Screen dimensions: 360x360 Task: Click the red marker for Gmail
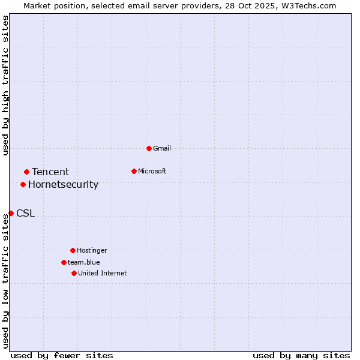(149, 148)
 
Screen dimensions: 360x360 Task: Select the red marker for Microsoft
(134, 171)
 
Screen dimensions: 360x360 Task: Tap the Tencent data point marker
(26, 172)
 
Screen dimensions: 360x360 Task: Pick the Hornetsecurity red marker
(23, 184)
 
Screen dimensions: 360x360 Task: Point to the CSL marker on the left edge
(11, 213)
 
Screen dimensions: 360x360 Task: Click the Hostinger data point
(73, 250)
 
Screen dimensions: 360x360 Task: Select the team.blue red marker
(64, 262)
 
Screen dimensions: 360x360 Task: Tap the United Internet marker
(74, 273)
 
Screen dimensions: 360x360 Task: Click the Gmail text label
(162, 148)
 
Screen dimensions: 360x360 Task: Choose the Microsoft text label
(152, 171)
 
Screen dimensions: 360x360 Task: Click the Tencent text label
(50, 172)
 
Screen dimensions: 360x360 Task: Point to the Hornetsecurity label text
(63, 184)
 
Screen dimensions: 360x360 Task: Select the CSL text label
(25, 213)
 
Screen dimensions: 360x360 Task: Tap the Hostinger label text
(92, 250)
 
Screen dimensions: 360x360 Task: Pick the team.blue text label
(84, 262)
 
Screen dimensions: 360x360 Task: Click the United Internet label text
(103, 273)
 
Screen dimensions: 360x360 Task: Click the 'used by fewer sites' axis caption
(62, 355)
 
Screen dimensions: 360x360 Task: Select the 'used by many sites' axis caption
(301, 355)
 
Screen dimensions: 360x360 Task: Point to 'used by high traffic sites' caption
(5, 85)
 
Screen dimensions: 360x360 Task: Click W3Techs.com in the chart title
(306, 5)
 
